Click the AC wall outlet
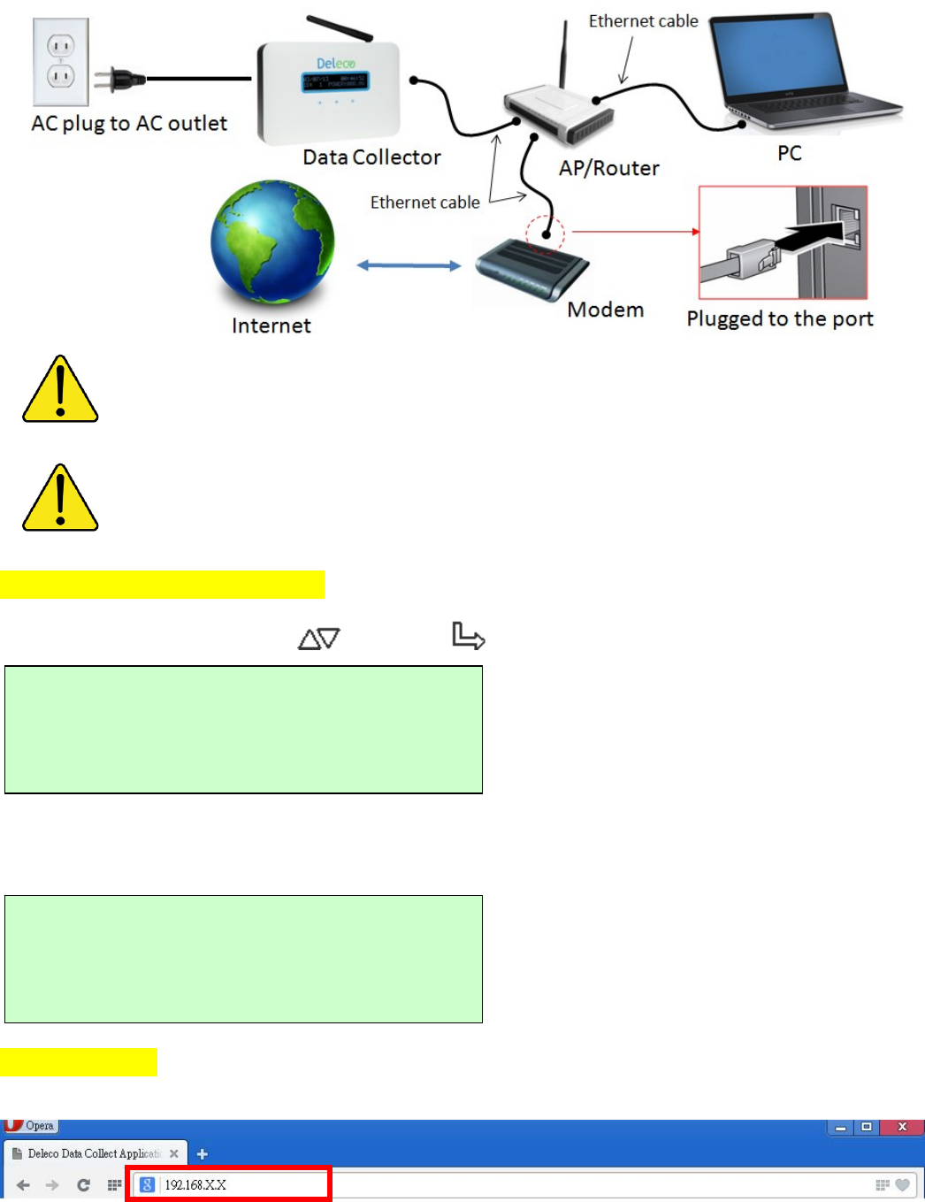point(60,61)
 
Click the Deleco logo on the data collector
point(336,64)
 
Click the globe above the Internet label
point(272,242)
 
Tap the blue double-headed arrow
point(409,265)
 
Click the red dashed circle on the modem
point(545,234)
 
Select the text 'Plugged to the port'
point(779,318)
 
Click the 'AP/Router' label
point(608,168)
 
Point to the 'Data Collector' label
point(371,157)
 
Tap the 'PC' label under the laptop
point(790,153)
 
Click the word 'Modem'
point(605,310)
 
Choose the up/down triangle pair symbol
point(319,638)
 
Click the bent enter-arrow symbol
point(468,635)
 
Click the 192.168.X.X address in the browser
point(195,1184)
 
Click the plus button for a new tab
point(203,1153)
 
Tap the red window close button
point(902,1127)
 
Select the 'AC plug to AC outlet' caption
point(129,123)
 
